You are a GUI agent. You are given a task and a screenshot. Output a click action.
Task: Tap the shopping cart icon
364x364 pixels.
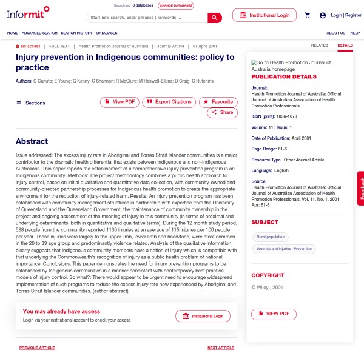(x=308, y=15)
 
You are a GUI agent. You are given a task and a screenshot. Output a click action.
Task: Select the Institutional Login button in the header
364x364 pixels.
(x=264, y=15)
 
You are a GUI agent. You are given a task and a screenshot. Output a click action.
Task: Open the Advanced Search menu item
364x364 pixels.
(x=39, y=33)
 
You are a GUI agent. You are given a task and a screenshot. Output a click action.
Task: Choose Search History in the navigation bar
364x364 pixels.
(x=76, y=33)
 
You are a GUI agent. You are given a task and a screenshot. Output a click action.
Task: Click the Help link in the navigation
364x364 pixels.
(x=355, y=33)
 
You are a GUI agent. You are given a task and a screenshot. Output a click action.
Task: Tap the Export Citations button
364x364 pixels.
(x=169, y=102)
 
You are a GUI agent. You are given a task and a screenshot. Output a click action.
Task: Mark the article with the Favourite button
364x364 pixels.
(x=218, y=102)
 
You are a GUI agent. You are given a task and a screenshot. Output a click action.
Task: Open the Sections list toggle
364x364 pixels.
(x=31, y=103)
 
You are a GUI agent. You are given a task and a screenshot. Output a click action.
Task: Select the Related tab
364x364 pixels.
(x=319, y=45)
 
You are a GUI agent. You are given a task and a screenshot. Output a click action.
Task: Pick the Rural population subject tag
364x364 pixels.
(x=270, y=237)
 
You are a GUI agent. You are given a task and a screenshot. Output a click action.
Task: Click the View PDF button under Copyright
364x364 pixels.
(x=274, y=314)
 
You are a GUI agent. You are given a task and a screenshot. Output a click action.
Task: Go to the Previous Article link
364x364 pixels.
(x=37, y=348)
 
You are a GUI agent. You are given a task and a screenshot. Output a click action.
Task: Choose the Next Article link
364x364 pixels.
(x=220, y=348)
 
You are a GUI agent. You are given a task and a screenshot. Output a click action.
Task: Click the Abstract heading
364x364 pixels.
(x=32, y=141)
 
